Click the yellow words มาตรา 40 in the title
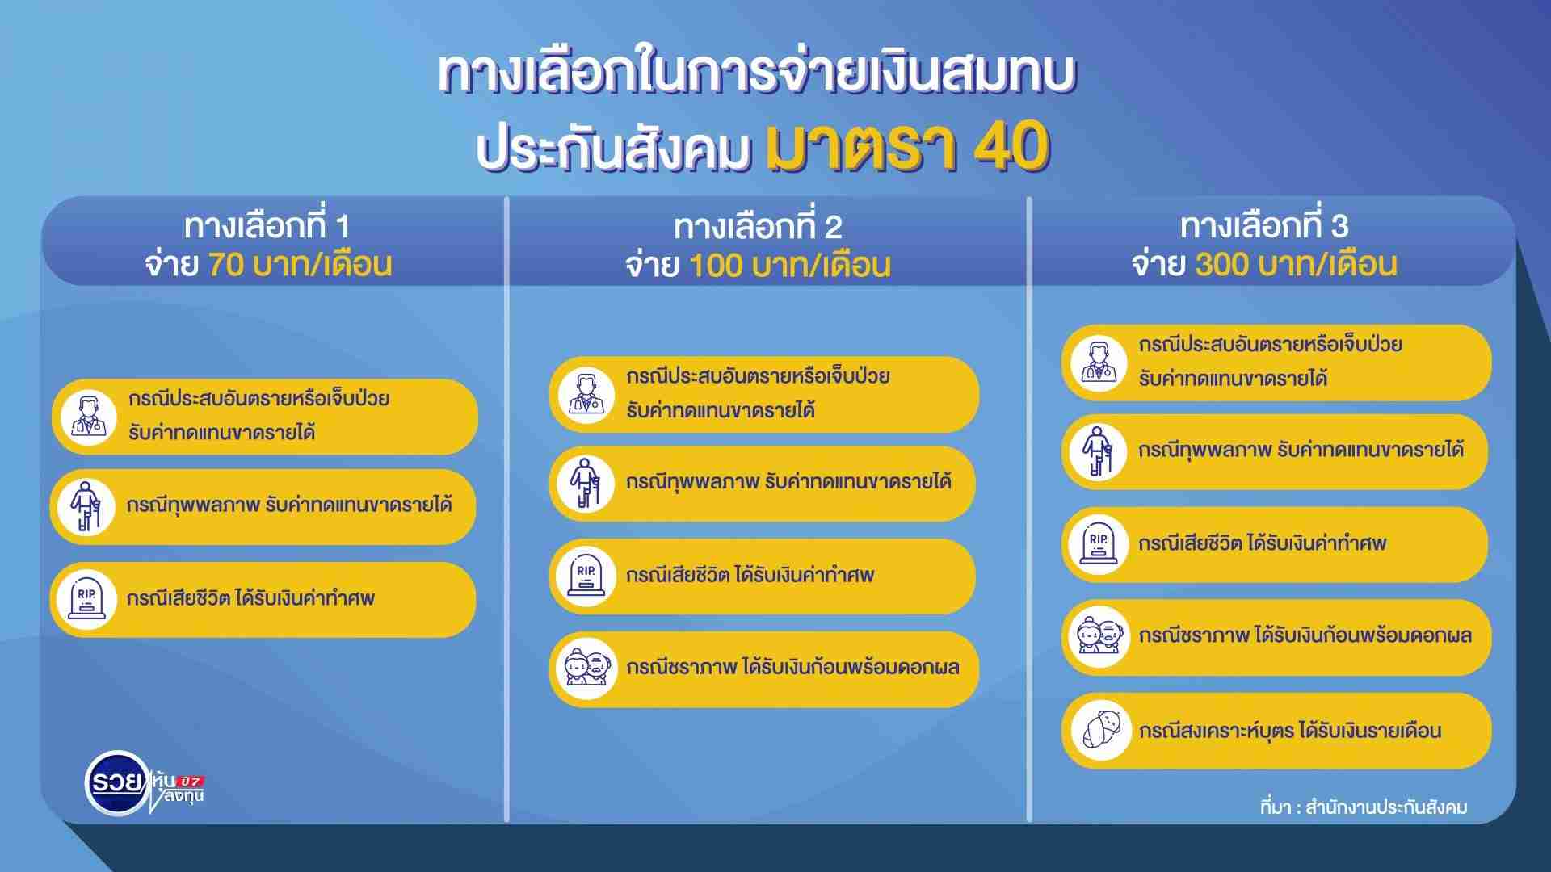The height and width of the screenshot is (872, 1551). [907, 148]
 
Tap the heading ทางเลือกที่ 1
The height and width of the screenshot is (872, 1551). [267, 226]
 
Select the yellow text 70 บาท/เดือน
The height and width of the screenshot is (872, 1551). [301, 265]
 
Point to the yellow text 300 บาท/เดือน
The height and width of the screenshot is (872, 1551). [1297, 264]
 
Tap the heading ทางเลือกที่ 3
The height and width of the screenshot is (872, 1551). [1264, 225]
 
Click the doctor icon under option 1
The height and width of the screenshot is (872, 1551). [88, 417]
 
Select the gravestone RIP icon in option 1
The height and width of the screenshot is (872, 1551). [86, 599]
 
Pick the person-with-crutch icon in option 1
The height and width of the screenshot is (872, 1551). [86, 506]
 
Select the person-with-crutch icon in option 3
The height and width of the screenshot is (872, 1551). [1099, 451]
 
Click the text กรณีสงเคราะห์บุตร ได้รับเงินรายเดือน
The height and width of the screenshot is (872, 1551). [1290, 731]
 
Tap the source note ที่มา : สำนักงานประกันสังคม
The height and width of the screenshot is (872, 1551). [1364, 807]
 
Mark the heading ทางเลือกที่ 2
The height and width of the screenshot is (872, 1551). [759, 227]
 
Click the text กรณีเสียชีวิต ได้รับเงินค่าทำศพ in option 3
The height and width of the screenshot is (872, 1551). [1263, 543]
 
